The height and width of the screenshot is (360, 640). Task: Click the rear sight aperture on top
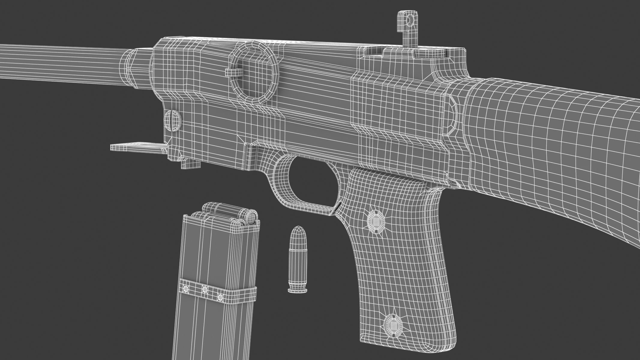click(x=409, y=20)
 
